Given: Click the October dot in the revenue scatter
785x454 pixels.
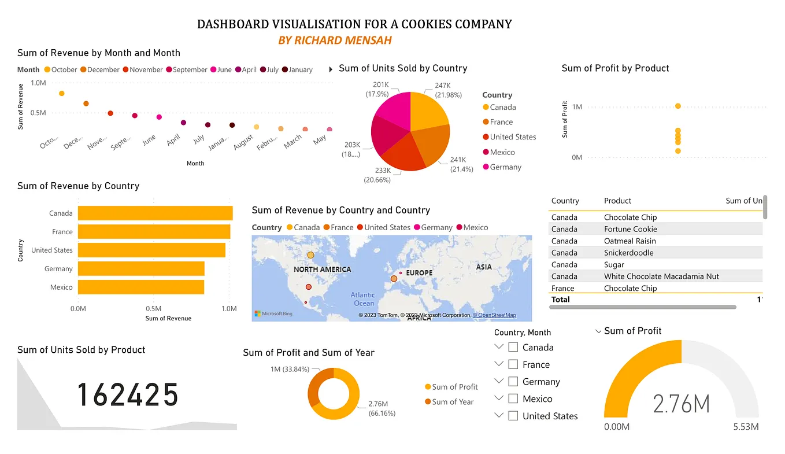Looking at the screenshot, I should (62, 93).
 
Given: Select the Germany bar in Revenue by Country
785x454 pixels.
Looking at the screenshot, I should (141, 268).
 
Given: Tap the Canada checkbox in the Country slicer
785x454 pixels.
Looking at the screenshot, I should (513, 348).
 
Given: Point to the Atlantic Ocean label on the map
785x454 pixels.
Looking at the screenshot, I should (363, 299).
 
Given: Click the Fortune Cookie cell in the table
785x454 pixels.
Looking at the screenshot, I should (630, 229).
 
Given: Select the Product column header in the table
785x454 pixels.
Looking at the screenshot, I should (617, 201).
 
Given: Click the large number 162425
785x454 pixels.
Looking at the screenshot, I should (128, 395).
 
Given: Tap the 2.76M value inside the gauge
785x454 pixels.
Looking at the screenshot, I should (681, 403).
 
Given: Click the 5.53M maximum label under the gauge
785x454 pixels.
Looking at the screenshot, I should (746, 427).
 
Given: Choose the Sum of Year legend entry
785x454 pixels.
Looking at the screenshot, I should (452, 402).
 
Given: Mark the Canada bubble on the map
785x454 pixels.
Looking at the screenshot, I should (310, 255).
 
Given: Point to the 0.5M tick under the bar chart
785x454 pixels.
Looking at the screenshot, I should (153, 309).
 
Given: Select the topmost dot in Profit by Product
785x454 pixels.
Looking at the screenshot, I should (678, 106).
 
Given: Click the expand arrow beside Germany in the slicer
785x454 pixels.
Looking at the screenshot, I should (499, 381).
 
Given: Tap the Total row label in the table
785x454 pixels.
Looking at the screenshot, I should (560, 300).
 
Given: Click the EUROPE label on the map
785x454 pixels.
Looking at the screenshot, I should (419, 272).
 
